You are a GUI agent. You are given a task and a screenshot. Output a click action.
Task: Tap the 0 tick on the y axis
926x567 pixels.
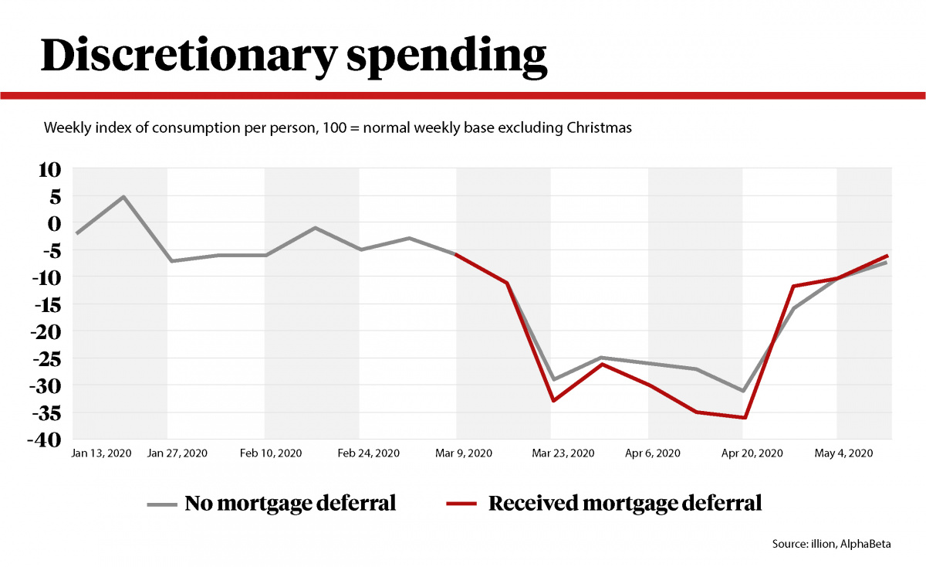(x=53, y=223)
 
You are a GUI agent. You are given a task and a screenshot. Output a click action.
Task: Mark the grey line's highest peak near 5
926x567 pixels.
(x=123, y=196)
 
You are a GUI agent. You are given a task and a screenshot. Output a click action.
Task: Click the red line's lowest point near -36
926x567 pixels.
(x=745, y=418)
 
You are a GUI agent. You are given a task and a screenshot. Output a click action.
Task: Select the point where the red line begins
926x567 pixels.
(x=457, y=255)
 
